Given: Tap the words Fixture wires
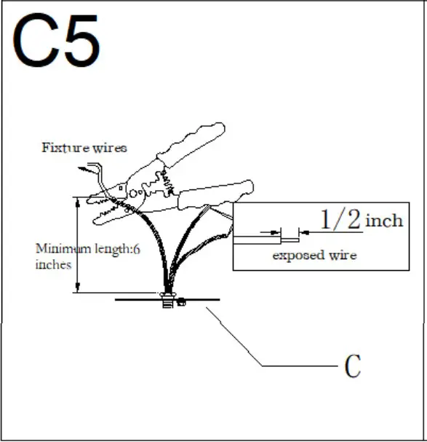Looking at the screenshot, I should tap(84, 148).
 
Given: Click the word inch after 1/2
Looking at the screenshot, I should tap(383, 219).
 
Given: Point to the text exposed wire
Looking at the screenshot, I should tap(314, 256).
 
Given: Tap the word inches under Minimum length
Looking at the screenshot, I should tap(53, 264).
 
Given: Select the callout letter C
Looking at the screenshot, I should tap(352, 367).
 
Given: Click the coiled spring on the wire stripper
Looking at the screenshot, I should tap(163, 178).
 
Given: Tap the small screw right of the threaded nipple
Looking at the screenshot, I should tap(182, 300).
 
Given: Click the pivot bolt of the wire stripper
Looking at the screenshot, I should tap(143, 190).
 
